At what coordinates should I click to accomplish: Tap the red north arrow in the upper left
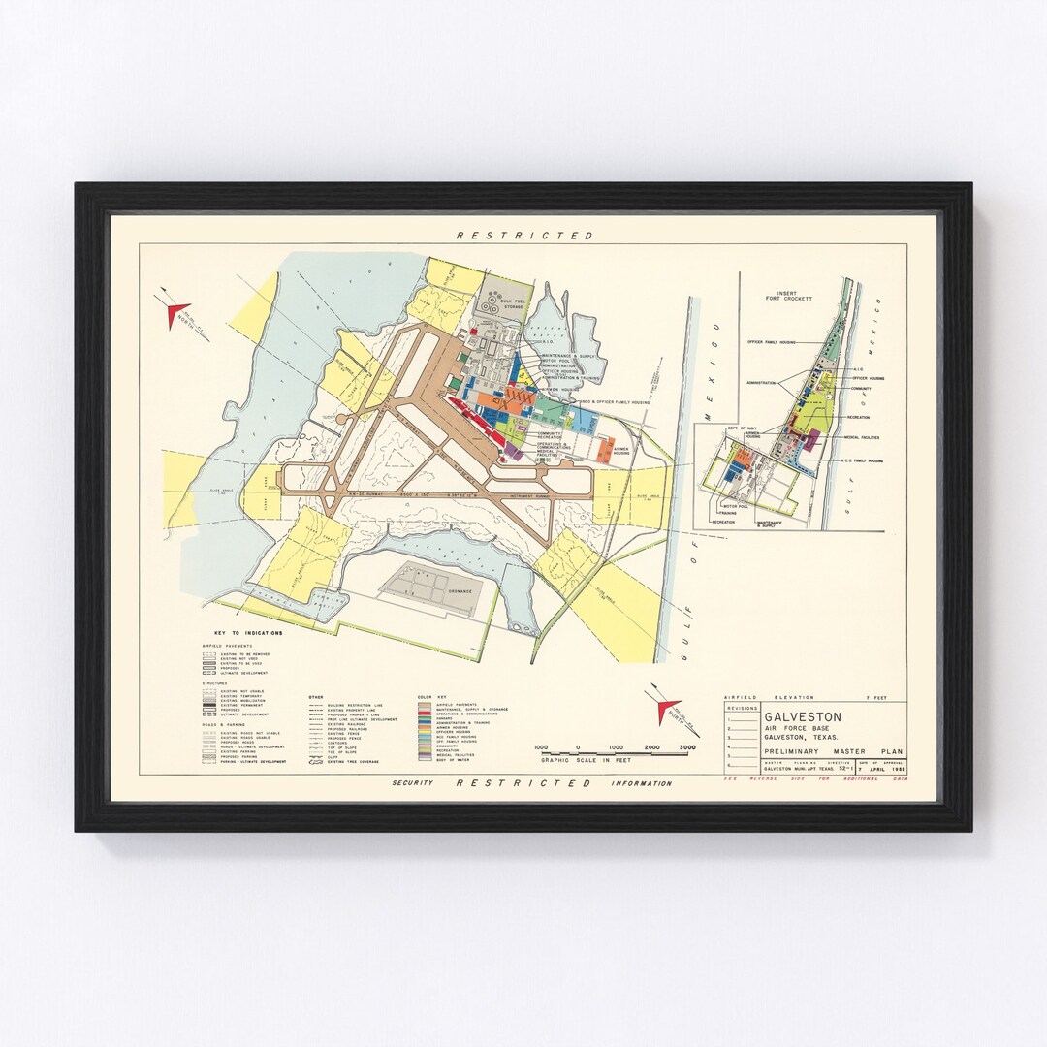pos(175,313)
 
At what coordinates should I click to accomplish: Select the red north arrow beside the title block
pos(667,710)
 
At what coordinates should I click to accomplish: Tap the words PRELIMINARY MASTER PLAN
pos(833,751)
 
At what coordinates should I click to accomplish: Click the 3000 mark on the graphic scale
pos(687,747)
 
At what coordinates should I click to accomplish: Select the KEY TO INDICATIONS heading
pos(242,633)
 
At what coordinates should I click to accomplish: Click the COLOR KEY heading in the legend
pos(430,697)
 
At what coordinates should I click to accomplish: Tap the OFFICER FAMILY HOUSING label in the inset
pos(772,342)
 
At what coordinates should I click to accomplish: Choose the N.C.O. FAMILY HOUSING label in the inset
pos(863,461)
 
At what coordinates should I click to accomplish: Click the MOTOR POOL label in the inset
pos(737,505)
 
